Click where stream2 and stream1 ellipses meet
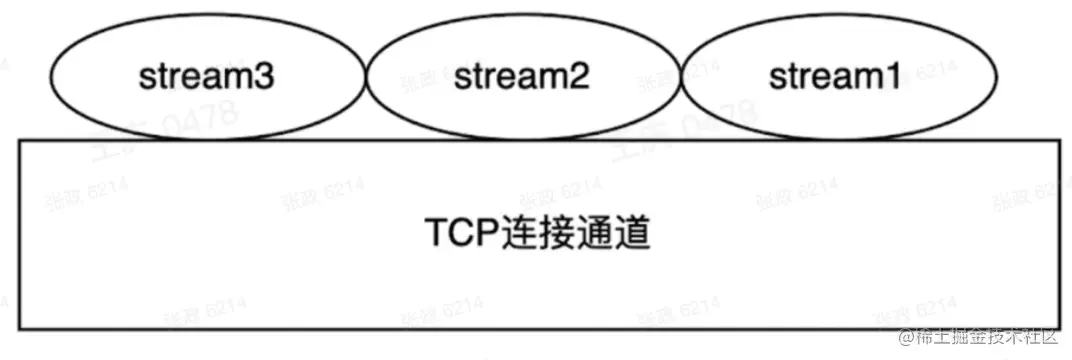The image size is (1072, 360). point(683,79)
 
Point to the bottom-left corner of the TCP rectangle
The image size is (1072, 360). point(20,328)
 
